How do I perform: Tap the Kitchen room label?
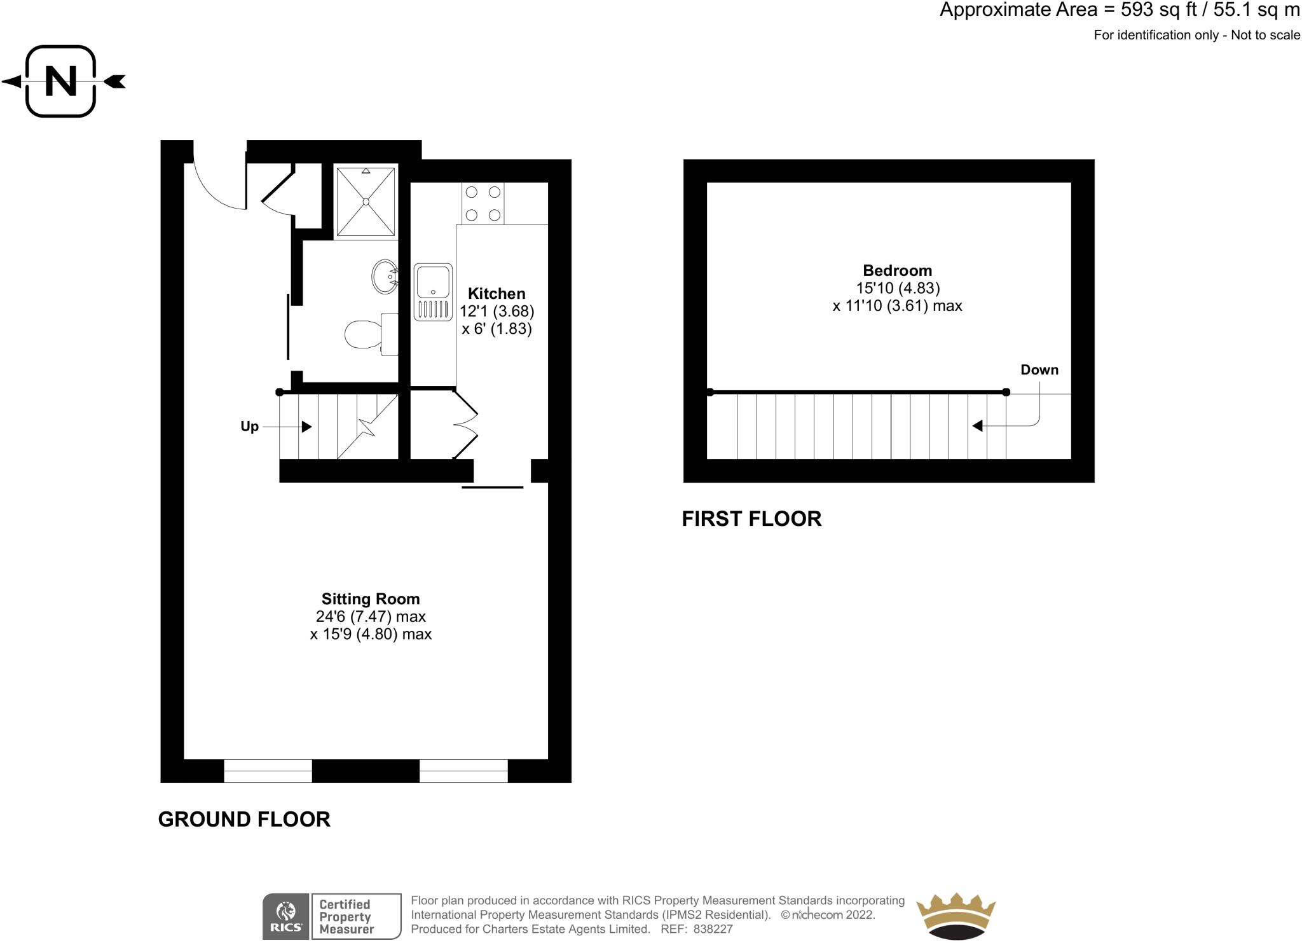coord(497,294)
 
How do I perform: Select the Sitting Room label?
coord(371,599)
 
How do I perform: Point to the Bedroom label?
coord(897,270)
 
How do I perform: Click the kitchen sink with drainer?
coord(433,292)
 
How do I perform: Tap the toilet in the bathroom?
coord(369,333)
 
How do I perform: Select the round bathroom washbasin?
coord(385,277)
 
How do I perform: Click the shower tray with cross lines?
coord(366,202)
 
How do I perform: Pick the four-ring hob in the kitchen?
coord(483,203)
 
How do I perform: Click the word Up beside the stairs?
coord(249,427)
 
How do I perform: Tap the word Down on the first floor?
coord(1039,370)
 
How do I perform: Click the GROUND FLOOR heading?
coord(244,819)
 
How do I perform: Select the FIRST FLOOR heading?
coord(751,519)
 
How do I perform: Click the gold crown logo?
coord(955,916)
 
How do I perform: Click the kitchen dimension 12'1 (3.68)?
coord(497,312)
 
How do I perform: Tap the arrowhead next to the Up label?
coord(306,427)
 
